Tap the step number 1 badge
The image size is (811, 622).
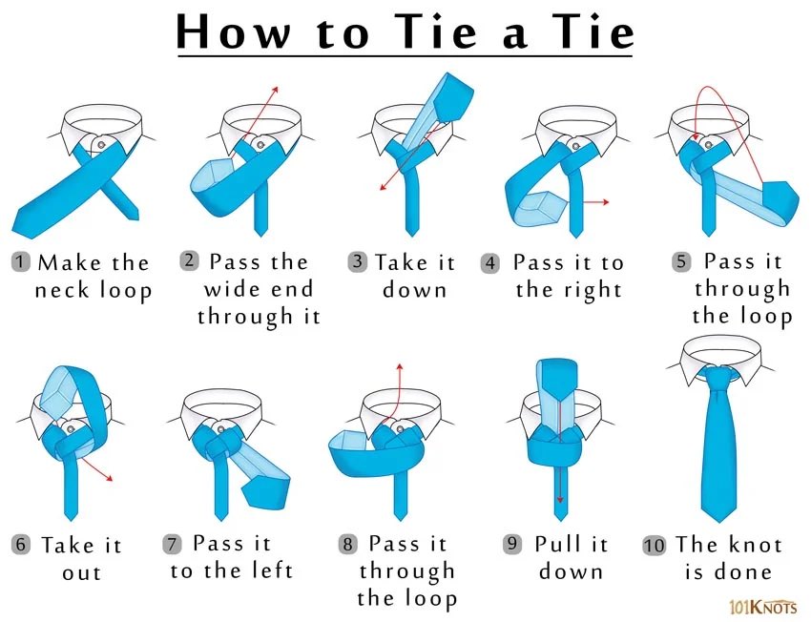pos(20,261)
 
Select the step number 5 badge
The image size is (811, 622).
pos(681,261)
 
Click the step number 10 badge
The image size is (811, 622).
pos(655,546)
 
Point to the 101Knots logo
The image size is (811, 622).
pos(763,606)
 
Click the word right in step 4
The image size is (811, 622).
pos(593,290)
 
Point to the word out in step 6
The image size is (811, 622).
pos(81,573)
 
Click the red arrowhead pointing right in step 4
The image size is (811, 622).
pos(606,201)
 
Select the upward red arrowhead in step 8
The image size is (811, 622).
pos(399,367)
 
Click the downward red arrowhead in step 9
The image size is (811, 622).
pos(560,500)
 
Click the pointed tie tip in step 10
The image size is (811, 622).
pos(718,521)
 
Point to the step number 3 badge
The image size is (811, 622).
pos(358,261)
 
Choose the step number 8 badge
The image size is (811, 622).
pos(347,544)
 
